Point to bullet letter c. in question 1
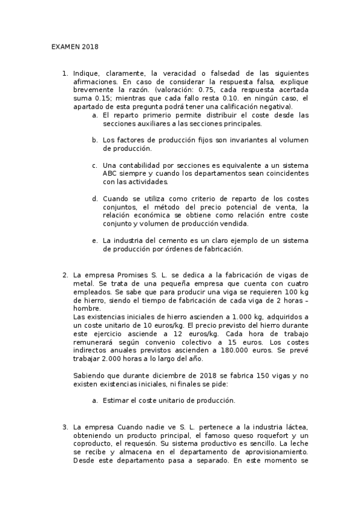pos(95,165)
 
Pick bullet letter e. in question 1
pos(95,241)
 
